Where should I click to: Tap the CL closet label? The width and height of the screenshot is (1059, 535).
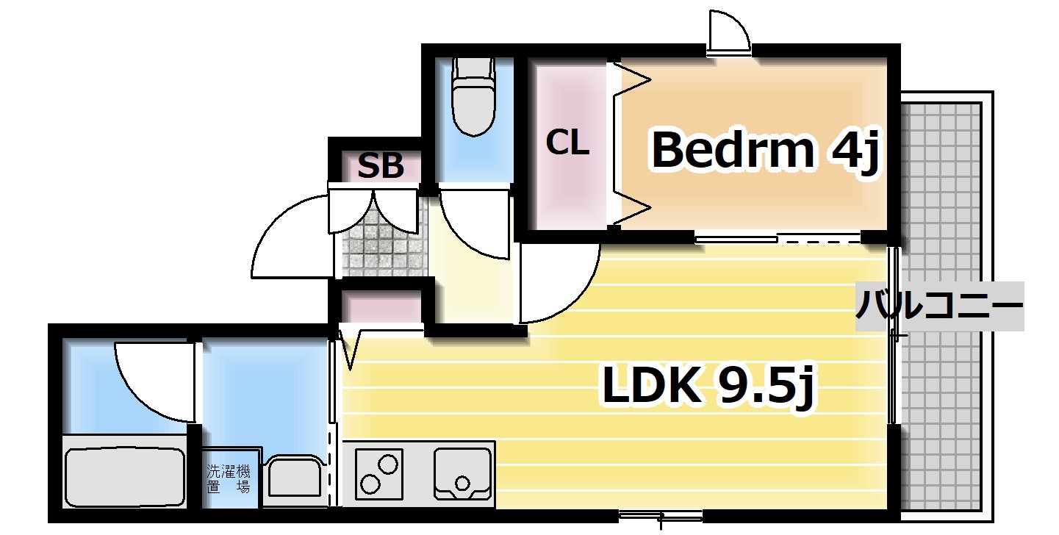click(x=567, y=143)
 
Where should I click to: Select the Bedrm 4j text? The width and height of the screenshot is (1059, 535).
click(x=764, y=151)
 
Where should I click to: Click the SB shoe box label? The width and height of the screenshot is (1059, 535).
click(x=381, y=167)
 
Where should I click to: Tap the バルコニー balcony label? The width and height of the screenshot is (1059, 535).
click(x=939, y=306)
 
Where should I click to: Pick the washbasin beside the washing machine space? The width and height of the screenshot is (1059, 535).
click(x=293, y=478)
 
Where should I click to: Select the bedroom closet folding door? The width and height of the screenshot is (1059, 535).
click(x=631, y=143)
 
